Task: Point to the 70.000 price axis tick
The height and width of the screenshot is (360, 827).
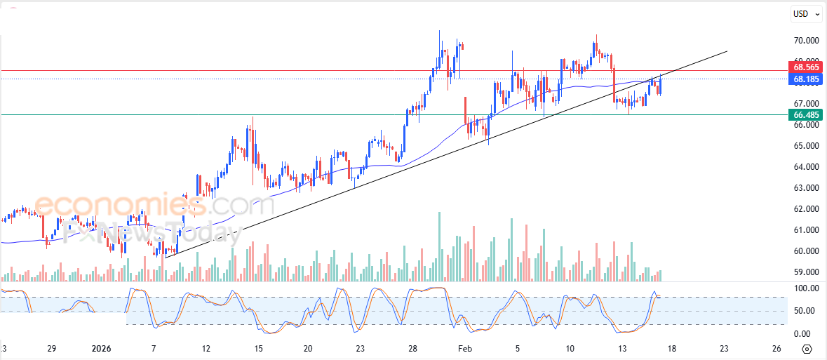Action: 806,41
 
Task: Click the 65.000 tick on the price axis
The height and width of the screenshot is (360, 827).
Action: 806,146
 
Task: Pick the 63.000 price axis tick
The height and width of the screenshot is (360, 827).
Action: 806,188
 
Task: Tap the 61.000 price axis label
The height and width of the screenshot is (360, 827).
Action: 806,230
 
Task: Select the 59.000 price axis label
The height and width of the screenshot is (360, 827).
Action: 806,272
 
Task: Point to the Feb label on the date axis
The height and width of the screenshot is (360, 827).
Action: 464,349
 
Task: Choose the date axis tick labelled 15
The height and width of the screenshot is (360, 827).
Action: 258,349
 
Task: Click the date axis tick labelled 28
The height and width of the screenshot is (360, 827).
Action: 412,349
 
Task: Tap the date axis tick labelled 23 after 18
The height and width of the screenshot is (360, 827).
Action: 724,349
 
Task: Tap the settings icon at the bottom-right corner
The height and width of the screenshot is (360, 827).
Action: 807,349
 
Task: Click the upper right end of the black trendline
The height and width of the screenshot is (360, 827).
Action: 727,51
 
